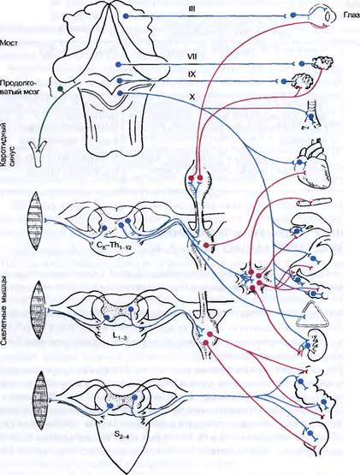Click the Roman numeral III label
click(x=192, y=9)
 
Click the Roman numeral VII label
click(x=192, y=57)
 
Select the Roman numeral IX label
click(x=192, y=74)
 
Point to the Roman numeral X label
click(x=192, y=97)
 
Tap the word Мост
click(x=9, y=43)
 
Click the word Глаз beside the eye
click(x=351, y=15)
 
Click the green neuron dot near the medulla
click(x=61, y=89)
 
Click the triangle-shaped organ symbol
click(x=312, y=316)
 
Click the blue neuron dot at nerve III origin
click(x=126, y=16)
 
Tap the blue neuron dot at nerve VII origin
click(x=118, y=64)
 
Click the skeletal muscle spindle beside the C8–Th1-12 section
click(x=35, y=221)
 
